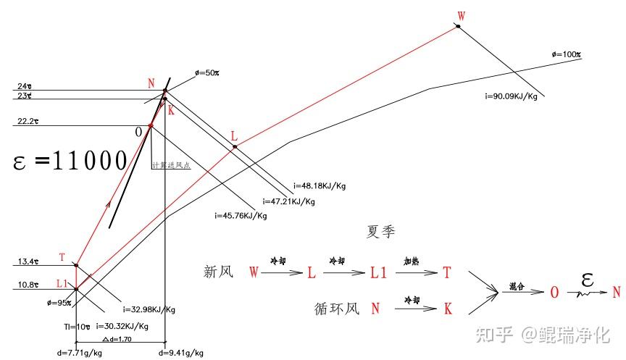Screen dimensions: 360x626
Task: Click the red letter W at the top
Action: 462,16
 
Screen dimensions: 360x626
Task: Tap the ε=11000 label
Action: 71,160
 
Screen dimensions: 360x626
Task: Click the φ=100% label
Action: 567,55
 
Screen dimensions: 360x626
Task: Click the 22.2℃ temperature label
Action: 25,120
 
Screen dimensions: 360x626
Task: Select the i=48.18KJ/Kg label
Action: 320,185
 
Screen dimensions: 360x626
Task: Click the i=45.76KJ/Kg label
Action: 241,216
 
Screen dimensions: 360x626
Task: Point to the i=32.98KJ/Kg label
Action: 149,309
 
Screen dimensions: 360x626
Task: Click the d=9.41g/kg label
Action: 180,353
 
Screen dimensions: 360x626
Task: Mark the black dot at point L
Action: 235,148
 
